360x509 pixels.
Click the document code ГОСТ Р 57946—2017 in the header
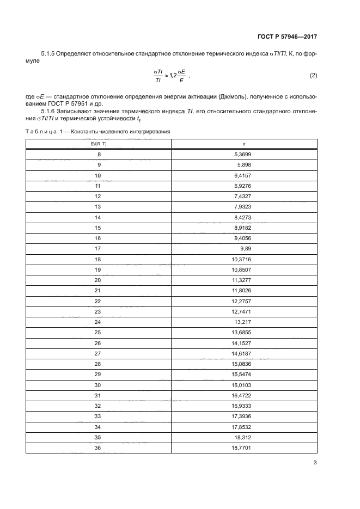point(287,37)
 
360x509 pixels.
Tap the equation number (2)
point(313,75)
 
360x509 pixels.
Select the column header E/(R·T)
point(98,144)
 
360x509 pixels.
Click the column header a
point(244,144)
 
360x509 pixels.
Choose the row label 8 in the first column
point(99,155)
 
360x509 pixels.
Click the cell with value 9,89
point(245,248)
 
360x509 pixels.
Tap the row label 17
point(98,248)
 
